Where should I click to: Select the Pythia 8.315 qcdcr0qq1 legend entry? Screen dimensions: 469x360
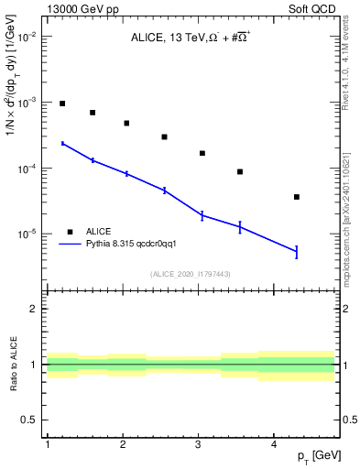[136, 245]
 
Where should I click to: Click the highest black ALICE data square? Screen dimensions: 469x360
[62, 104]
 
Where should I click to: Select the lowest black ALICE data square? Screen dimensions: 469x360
[296, 197]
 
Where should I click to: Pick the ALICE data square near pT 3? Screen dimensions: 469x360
[202, 153]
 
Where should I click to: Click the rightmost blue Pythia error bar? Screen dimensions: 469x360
[296, 251]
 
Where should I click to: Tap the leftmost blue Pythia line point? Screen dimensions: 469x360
[62, 143]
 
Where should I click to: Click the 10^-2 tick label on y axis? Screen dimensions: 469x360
[27, 37]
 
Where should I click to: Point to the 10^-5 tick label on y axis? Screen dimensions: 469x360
[27, 234]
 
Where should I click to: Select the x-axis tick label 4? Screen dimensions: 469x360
[274, 444]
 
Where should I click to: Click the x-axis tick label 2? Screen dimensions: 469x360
[123, 444]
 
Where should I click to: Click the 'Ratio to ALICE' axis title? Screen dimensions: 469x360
[12, 365]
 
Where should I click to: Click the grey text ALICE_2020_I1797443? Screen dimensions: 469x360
[191, 274]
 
